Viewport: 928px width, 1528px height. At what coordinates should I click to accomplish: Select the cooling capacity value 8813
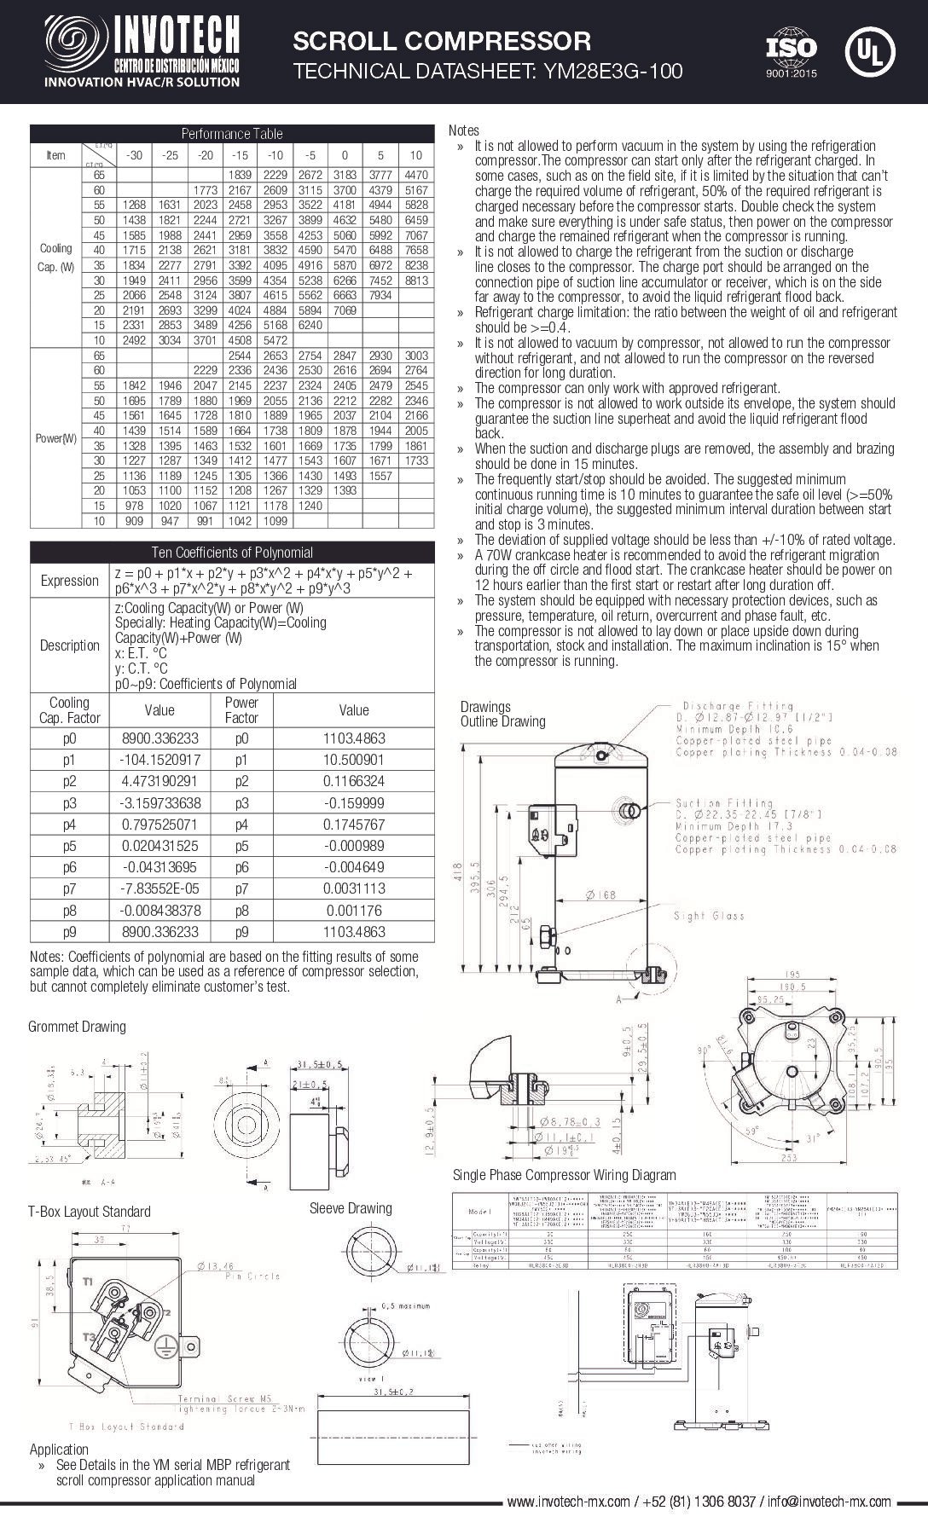[x=415, y=280]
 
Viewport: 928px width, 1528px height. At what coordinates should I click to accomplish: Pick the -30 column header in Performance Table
[x=133, y=155]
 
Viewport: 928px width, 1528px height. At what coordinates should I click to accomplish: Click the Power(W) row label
[x=55, y=438]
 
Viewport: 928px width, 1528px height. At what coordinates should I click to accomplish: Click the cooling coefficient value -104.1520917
[x=159, y=760]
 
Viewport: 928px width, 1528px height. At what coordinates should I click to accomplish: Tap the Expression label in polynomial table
[x=70, y=580]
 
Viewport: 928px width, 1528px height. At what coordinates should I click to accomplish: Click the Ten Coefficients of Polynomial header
[x=232, y=553]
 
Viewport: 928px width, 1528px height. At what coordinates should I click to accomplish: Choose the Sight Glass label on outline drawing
[x=708, y=916]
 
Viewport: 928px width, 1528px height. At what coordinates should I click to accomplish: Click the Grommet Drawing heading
[x=77, y=1026]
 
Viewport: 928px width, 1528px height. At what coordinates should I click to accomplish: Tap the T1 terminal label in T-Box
[x=88, y=1281]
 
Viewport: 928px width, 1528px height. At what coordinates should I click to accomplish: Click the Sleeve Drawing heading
[x=351, y=1207]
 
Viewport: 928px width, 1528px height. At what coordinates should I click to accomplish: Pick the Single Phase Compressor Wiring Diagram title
[x=564, y=1175]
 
